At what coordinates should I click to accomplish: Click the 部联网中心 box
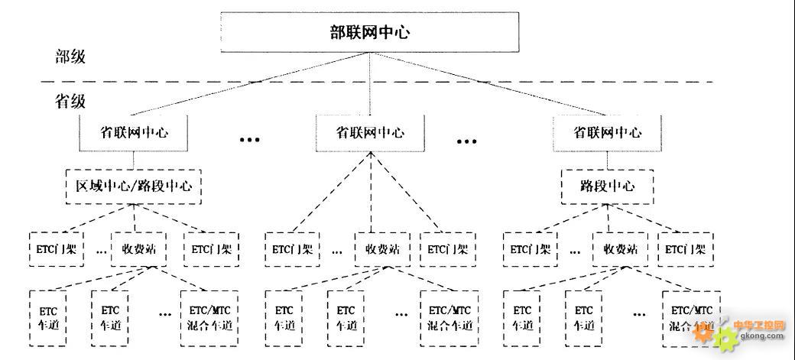coord(370,32)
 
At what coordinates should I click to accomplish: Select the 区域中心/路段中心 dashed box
coord(133,186)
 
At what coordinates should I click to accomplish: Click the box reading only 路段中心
coord(608,186)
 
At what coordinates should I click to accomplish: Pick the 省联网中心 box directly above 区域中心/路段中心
coord(134,132)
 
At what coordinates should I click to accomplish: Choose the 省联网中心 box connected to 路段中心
coord(608,132)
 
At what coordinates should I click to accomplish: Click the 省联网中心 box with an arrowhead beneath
coord(371,132)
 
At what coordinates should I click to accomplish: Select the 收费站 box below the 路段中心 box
coord(620,248)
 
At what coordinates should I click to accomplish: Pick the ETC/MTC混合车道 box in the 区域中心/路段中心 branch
coord(209,318)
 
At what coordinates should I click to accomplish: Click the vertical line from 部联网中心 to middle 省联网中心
coord(371,84)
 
